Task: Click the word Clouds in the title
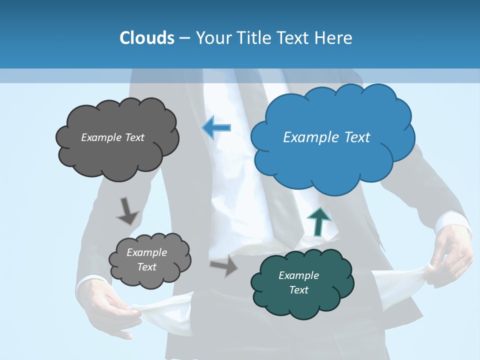click(x=147, y=37)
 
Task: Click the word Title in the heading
click(x=254, y=37)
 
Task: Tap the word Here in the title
click(x=334, y=37)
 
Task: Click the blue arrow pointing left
click(x=216, y=128)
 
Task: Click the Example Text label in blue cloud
click(x=326, y=137)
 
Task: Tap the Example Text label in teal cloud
click(x=298, y=282)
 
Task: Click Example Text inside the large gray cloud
click(x=112, y=137)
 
